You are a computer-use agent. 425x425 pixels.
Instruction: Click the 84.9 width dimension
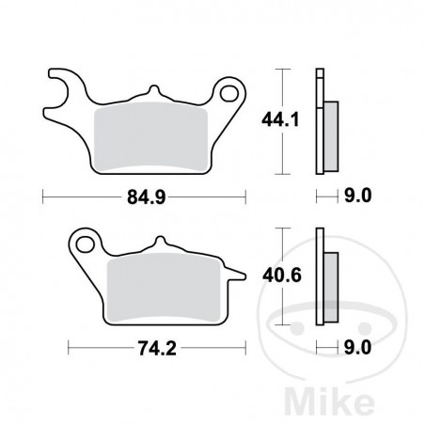143,197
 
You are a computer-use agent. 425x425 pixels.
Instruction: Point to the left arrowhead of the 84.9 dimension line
47,197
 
